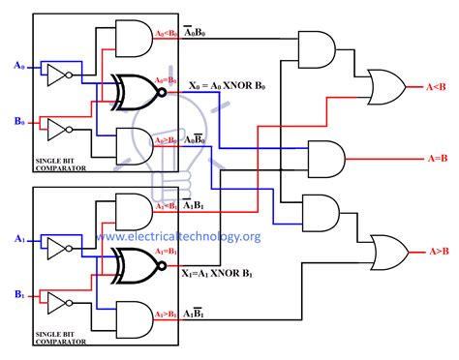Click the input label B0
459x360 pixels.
pos(16,120)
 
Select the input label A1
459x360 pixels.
pos(16,236)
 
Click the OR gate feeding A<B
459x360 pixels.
pos(382,85)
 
